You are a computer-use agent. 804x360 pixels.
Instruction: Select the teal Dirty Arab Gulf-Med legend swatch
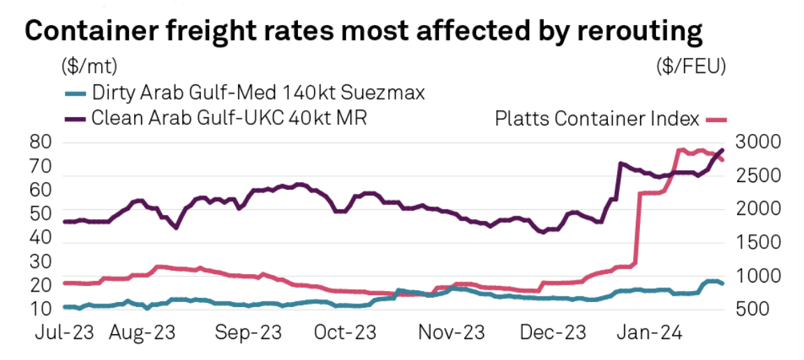(x=74, y=92)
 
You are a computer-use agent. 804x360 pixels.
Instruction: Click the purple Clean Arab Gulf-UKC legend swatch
(x=74, y=118)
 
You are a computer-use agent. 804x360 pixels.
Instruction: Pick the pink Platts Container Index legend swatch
(x=716, y=119)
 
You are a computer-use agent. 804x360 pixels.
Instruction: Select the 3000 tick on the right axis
(x=757, y=143)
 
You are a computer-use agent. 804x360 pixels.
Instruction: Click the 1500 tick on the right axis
(x=757, y=242)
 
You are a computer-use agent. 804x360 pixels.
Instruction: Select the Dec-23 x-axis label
(x=551, y=333)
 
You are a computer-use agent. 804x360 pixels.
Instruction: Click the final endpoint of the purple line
(x=722, y=150)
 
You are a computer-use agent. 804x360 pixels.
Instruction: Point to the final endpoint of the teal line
(x=722, y=283)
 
